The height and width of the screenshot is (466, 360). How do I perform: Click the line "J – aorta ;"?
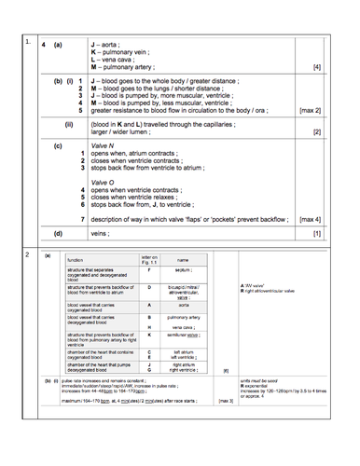pyautogui.click(x=109, y=45)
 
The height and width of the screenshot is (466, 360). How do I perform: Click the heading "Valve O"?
pyautogui.click(x=104, y=180)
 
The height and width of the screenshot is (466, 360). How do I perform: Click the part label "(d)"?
pyautogui.click(x=58, y=234)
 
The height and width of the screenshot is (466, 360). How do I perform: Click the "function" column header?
pyautogui.click(x=76, y=259)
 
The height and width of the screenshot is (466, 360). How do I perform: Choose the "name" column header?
pyautogui.click(x=183, y=259)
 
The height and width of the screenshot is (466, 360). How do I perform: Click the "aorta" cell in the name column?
pyautogui.click(x=183, y=305)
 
